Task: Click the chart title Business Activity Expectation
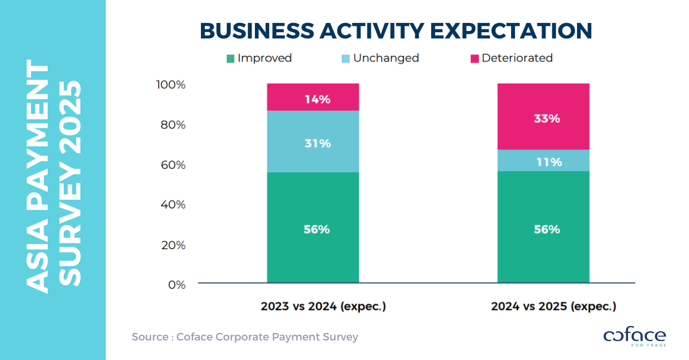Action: tap(396, 31)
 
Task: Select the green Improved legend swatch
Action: tap(230, 59)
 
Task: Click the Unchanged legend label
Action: tap(386, 59)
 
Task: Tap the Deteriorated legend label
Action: tap(517, 59)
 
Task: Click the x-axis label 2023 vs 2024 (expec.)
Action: tap(323, 307)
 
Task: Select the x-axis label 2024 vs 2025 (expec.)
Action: tap(553, 307)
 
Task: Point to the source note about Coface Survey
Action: tap(245, 337)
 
